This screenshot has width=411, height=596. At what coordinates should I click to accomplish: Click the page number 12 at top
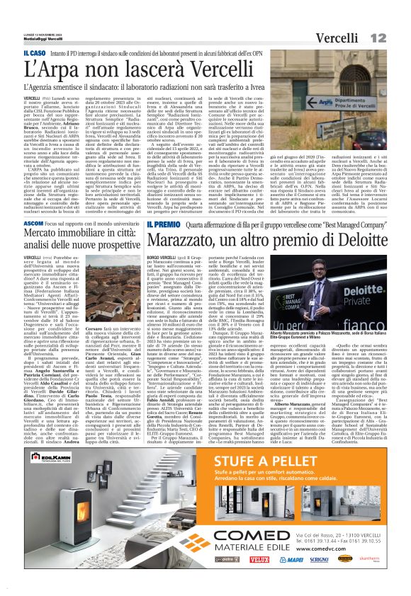pyautogui.click(x=397, y=36)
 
